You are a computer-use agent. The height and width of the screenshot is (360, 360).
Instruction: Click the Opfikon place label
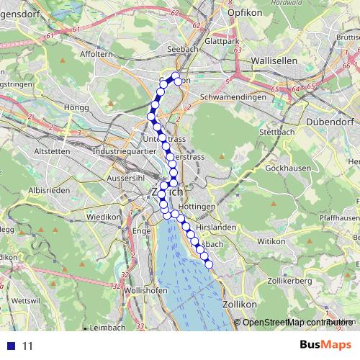coord(242,13)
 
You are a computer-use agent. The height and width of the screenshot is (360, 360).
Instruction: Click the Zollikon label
coord(241,305)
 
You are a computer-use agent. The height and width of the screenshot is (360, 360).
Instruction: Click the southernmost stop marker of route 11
coord(210,265)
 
